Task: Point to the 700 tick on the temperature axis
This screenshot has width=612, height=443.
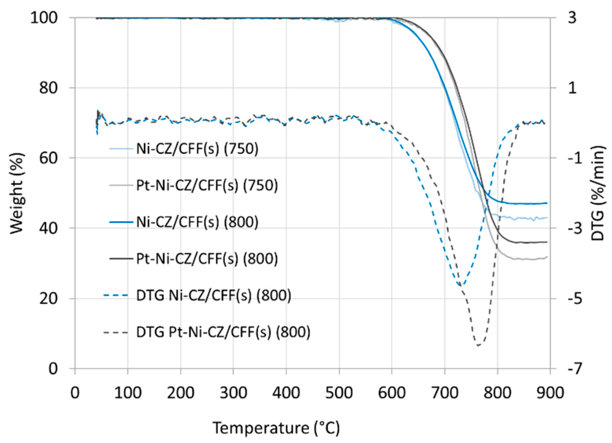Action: (x=445, y=393)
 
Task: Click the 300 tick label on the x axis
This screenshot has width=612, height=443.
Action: (x=233, y=393)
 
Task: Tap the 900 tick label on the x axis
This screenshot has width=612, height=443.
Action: (x=550, y=393)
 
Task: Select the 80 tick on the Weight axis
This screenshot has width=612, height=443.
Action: (x=48, y=88)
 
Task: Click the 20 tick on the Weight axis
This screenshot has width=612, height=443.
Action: (x=48, y=299)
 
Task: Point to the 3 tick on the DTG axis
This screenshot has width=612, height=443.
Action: (x=572, y=18)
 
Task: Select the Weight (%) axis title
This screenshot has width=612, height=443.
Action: (x=17, y=193)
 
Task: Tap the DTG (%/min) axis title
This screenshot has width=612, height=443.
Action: (x=597, y=193)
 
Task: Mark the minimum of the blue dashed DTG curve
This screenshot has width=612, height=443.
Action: (x=461, y=285)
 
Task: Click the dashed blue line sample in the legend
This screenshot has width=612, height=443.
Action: (x=116, y=295)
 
